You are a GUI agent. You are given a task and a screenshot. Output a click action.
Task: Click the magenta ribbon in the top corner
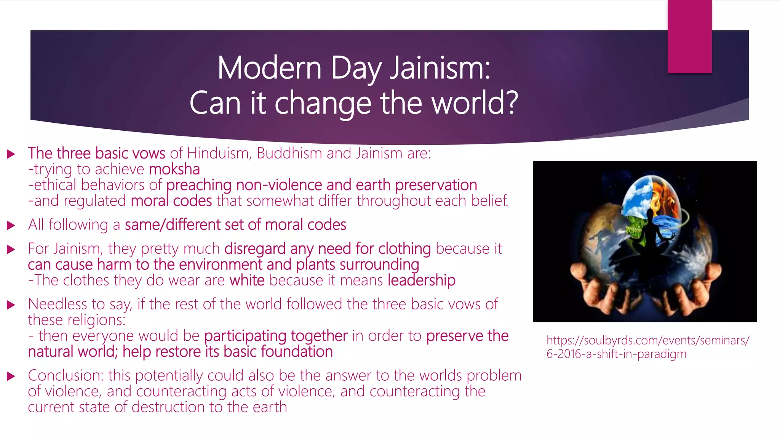coord(689,36)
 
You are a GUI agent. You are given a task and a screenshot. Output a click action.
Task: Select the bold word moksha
coord(174,169)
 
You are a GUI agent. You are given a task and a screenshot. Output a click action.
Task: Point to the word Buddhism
coord(289,153)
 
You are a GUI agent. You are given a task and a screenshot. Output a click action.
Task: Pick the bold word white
coord(247,280)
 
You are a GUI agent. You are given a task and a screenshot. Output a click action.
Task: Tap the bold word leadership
coord(421,280)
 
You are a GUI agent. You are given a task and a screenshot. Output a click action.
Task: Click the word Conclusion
coord(66,376)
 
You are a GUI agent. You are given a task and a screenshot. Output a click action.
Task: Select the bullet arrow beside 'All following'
coord(11,225)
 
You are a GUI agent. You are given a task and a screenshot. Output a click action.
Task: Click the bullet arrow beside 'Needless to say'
coord(11,305)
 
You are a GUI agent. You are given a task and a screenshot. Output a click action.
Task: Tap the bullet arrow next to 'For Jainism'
coord(11,249)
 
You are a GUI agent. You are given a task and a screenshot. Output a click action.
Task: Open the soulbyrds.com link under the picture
coord(647,347)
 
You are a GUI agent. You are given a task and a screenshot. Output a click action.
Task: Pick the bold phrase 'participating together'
coord(276,336)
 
